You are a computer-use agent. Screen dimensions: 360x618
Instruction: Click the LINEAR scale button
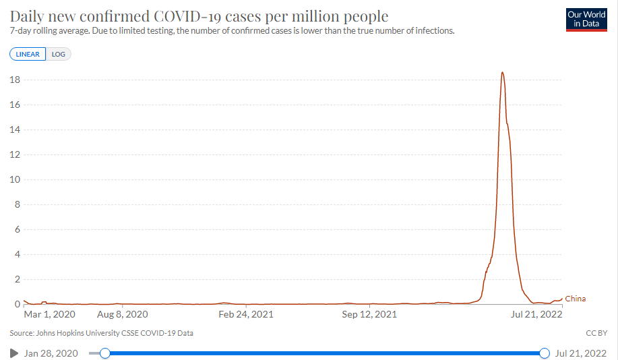point(28,54)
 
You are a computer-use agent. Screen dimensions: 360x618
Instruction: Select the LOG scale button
point(59,54)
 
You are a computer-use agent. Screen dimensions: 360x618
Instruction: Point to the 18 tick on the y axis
point(14,80)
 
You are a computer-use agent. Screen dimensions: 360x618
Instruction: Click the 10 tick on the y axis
point(14,180)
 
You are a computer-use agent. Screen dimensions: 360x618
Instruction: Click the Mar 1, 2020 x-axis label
point(50,314)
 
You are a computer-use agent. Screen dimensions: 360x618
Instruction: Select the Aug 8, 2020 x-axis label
point(123,314)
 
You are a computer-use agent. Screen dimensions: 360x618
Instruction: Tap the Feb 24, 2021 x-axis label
point(246,314)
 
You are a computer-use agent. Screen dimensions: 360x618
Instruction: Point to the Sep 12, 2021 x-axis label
point(369,314)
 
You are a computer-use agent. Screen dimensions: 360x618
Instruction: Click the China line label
point(576,299)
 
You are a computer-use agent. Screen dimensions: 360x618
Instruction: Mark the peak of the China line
point(502,73)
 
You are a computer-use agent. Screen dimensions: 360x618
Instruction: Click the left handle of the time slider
point(104,353)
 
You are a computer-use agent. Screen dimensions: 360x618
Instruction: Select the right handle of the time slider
point(545,353)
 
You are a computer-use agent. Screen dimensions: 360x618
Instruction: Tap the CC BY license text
point(597,333)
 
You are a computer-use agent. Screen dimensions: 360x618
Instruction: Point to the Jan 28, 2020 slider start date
point(51,353)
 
